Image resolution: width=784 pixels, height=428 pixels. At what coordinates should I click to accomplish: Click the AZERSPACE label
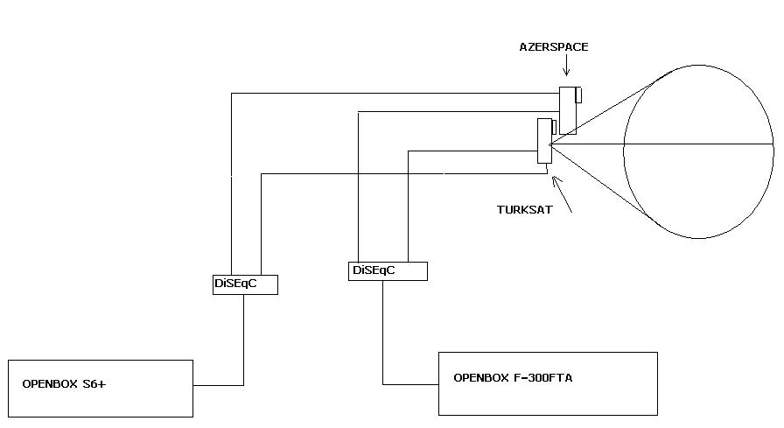pos(554,47)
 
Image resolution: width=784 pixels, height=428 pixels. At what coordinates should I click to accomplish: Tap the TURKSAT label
pos(523,210)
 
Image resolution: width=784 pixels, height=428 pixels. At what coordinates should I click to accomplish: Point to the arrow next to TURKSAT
pos(562,194)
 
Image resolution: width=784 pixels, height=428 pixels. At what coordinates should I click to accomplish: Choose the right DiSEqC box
pos(388,270)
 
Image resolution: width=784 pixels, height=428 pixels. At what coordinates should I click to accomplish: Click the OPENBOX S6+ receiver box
pos(100,388)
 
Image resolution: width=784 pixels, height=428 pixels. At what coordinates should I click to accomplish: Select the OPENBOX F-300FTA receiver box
pos(547,382)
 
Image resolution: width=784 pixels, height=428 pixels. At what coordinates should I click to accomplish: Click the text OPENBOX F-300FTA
pos(513,378)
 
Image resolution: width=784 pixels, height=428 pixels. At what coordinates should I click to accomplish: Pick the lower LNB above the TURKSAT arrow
pos(544,141)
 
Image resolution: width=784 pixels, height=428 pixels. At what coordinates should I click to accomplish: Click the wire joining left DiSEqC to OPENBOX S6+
pos(243,341)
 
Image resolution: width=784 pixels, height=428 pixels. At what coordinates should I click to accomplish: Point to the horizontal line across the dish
pos(665,144)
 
